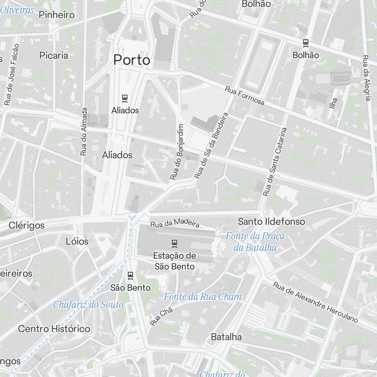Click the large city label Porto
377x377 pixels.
[x=132, y=60]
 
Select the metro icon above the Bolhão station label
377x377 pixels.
[x=306, y=43]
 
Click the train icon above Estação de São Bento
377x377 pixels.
[x=174, y=243]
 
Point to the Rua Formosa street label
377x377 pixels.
[x=245, y=96]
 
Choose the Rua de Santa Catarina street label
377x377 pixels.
[x=275, y=161]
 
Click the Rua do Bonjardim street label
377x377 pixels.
[x=176, y=152]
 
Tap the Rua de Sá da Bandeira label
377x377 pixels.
[x=211, y=145]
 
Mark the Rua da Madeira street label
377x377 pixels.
[x=175, y=224]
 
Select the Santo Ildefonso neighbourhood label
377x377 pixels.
[x=271, y=221]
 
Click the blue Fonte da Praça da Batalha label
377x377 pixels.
[x=255, y=242]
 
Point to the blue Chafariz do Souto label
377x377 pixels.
[x=88, y=304]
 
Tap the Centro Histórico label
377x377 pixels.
[x=54, y=329]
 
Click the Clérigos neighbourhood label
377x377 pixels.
[x=26, y=225]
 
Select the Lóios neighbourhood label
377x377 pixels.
[x=77, y=241]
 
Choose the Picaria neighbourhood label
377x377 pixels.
[x=54, y=55]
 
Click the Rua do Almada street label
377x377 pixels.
[x=84, y=132]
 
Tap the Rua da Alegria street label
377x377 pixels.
[x=366, y=78]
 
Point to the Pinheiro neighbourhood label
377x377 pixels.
[x=57, y=15]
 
